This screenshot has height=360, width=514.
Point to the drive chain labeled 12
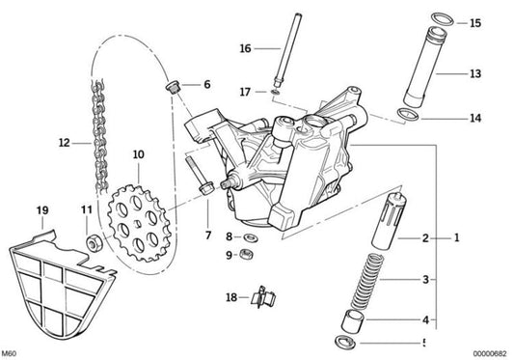96,145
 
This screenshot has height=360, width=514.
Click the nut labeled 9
250,255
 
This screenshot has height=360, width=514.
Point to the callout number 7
205,235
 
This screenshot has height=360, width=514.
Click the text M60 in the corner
11,352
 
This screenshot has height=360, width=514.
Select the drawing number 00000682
485,352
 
